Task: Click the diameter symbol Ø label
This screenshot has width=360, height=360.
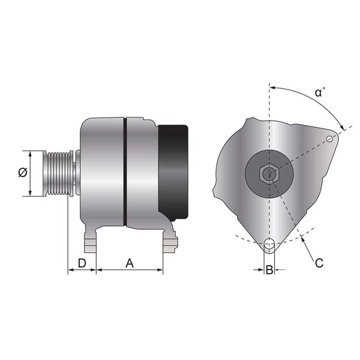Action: (x=21, y=173)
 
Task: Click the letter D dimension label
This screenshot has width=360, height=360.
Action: (x=81, y=263)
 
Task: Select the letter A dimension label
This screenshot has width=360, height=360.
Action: (x=130, y=263)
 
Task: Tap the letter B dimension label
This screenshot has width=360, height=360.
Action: (x=268, y=269)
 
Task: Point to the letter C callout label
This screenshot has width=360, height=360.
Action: (x=319, y=263)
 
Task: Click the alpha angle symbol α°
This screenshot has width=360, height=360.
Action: (x=320, y=93)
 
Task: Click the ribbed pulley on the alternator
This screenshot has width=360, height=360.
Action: (x=58, y=173)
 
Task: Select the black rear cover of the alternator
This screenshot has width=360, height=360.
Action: (x=173, y=170)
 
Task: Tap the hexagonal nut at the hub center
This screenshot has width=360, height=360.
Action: (x=268, y=173)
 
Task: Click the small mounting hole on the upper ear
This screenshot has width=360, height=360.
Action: (x=330, y=138)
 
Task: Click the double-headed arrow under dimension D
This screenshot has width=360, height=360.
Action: (x=82, y=270)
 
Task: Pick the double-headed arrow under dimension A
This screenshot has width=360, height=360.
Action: (x=130, y=270)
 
